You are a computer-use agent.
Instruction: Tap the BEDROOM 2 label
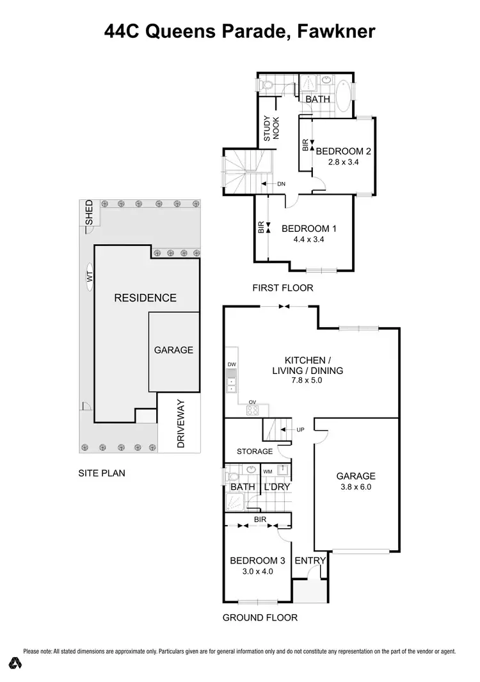(x=343, y=151)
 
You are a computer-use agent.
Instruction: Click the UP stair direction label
(x=300, y=429)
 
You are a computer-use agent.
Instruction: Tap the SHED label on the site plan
(x=89, y=213)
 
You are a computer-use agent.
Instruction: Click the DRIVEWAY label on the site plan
(x=180, y=424)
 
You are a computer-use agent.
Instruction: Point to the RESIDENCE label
(x=145, y=298)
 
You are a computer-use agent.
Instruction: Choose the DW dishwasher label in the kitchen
(x=231, y=364)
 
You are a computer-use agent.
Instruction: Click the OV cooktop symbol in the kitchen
(x=253, y=410)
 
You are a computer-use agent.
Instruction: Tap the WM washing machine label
(x=268, y=471)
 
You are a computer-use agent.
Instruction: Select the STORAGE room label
(x=255, y=451)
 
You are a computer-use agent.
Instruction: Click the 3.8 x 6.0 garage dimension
(x=356, y=487)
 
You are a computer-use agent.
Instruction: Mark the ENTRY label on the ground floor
(x=310, y=560)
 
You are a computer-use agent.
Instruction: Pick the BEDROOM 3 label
(x=252, y=561)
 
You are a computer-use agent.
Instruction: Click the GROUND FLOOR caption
(x=260, y=618)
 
